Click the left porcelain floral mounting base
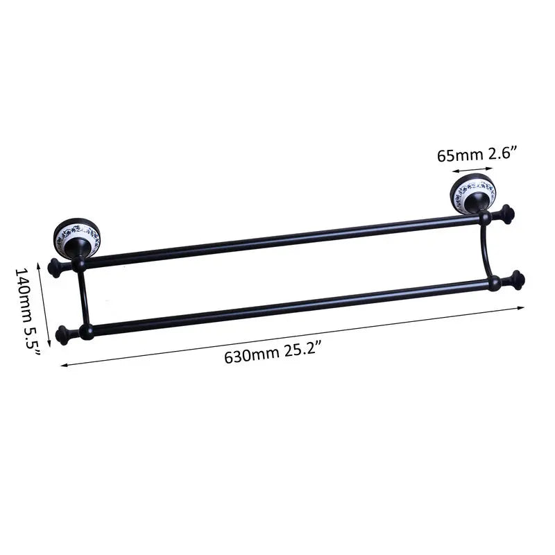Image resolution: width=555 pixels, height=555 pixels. (76, 234)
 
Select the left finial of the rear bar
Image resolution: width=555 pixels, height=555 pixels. (55, 267)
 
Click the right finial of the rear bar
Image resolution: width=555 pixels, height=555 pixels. (506, 214)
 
